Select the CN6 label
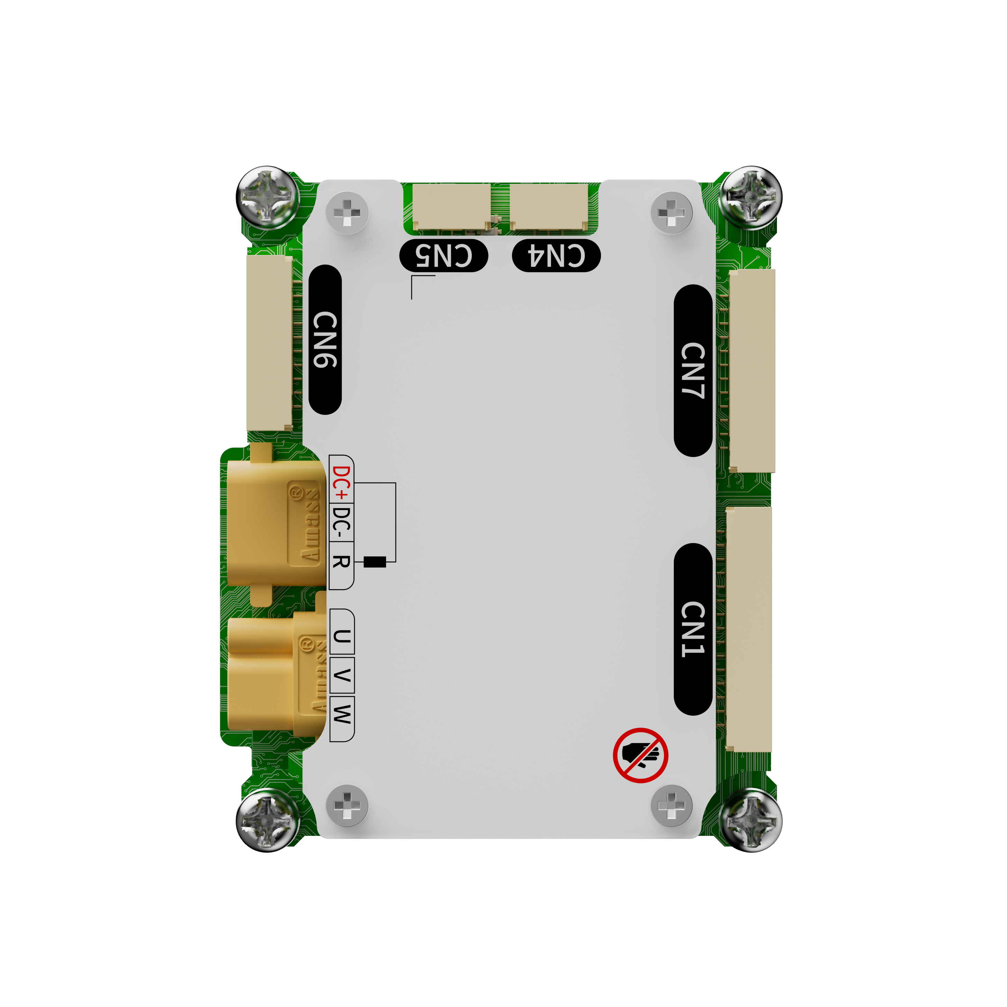[325, 339]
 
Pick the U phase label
[342, 637]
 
